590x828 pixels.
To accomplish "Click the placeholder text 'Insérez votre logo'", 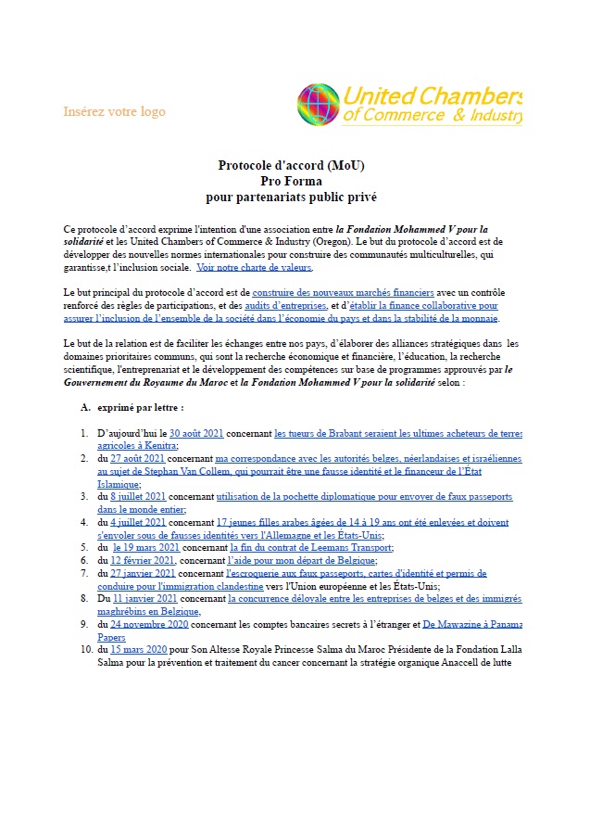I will click(114, 111).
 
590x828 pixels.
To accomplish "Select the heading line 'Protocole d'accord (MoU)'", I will click(292, 165).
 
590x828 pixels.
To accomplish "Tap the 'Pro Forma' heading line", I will click(292, 181).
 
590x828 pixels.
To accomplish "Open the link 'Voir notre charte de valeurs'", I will click(255, 267).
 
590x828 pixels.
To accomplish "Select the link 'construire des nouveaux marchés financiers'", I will click(343, 292).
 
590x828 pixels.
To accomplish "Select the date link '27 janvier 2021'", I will click(144, 573).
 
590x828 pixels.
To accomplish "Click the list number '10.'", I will click(82, 650).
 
